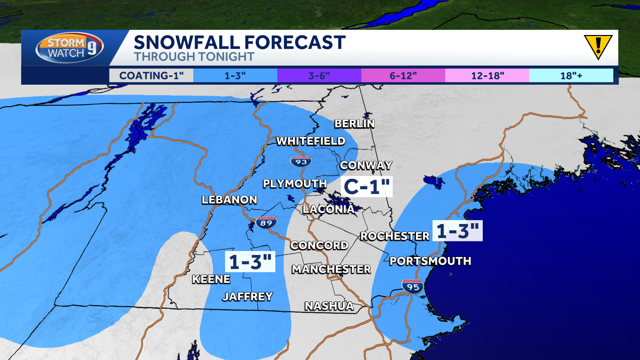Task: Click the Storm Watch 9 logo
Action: [69, 48]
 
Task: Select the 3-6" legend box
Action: [319, 76]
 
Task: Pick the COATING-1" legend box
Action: [151, 76]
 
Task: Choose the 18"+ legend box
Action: [571, 76]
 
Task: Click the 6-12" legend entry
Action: [403, 76]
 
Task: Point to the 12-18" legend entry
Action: [487, 76]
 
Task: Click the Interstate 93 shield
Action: [301, 162]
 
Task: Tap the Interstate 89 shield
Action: [266, 223]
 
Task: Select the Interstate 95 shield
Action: [413, 287]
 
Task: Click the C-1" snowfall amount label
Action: [366, 187]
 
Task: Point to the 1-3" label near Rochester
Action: [457, 231]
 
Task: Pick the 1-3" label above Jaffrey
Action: [250, 262]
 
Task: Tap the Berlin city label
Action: [355, 124]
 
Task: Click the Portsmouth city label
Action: [430, 261]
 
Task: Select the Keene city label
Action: [211, 279]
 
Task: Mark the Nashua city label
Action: [329, 306]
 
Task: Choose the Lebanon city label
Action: [229, 200]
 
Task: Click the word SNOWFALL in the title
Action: [187, 43]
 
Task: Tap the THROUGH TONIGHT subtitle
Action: [194, 57]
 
